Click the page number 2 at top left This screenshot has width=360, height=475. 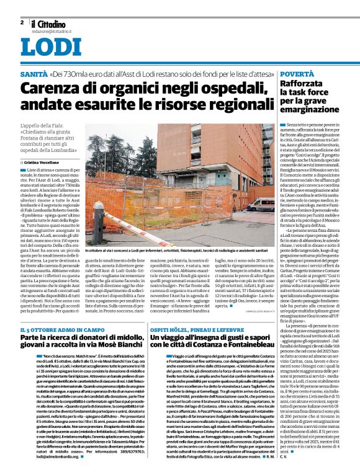click(21, 22)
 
